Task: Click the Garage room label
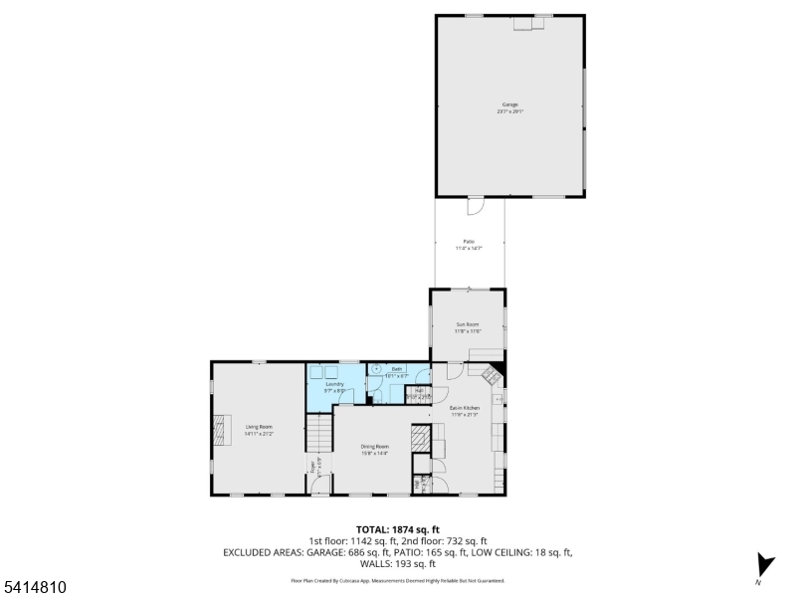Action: tap(509, 104)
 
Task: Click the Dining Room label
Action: tap(375, 447)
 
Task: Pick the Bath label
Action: tap(396, 369)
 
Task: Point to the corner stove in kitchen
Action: tap(492, 376)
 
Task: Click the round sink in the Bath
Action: tap(377, 368)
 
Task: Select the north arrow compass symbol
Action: tap(763, 562)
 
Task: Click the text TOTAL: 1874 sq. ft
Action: tap(397, 529)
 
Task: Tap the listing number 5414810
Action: tap(35, 588)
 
